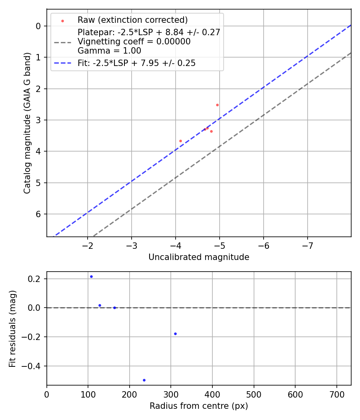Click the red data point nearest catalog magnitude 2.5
click(217, 105)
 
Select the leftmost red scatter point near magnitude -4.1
click(180, 141)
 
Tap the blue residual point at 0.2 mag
click(91, 276)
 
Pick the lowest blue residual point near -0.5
click(144, 380)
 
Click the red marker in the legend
click(62, 20)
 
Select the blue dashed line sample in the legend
click(62, 63)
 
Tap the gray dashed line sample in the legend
click(62, 42)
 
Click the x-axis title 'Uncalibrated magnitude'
click(199, 257)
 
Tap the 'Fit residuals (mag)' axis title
click(12, 328)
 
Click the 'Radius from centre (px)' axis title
click(199, 406)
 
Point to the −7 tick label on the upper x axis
click(307, 245)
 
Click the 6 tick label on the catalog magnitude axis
click(39, 214)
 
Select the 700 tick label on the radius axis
click(336, 394)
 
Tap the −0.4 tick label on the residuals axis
click(32, 366)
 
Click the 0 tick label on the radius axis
click(47, 394)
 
